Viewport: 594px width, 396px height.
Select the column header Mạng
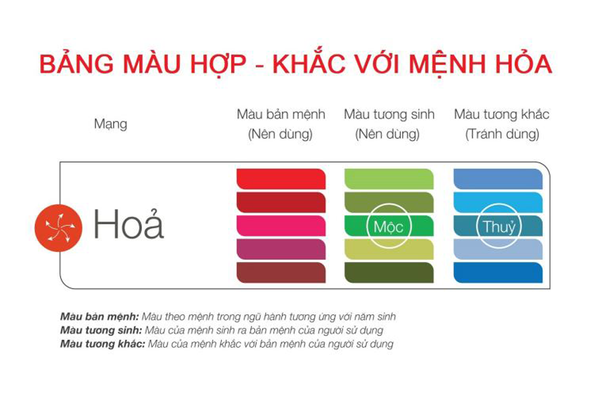pyautogui.click(x=110, y=125)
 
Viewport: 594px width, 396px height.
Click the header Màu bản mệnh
pyautogui.click(x=280, y=114)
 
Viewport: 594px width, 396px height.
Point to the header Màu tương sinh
pyautogui.click(x=389, y=114)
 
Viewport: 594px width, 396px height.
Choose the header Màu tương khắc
pyautogui.click(x=501, y=114)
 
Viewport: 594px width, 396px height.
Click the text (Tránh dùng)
pyautogui.click(x=501, y=135)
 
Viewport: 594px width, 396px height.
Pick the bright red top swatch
pyautogui.click(x=280, y=179)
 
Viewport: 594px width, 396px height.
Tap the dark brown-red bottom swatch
pyautogui.click(x=280, y=273)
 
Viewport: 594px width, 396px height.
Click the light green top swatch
pyautogui.click(x=389, y=179)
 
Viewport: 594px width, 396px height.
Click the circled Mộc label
pyautogui.click(x=389, y=227)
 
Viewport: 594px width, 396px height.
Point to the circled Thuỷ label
pyautogui.click(x=498, y=227)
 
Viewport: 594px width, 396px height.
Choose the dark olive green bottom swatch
pyautogui.click(x=389, y=273)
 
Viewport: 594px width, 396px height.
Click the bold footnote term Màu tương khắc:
pyautogui.click(x=102, y=344)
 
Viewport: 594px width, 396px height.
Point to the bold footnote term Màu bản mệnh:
pyautogui.click(x=99, y=316)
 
